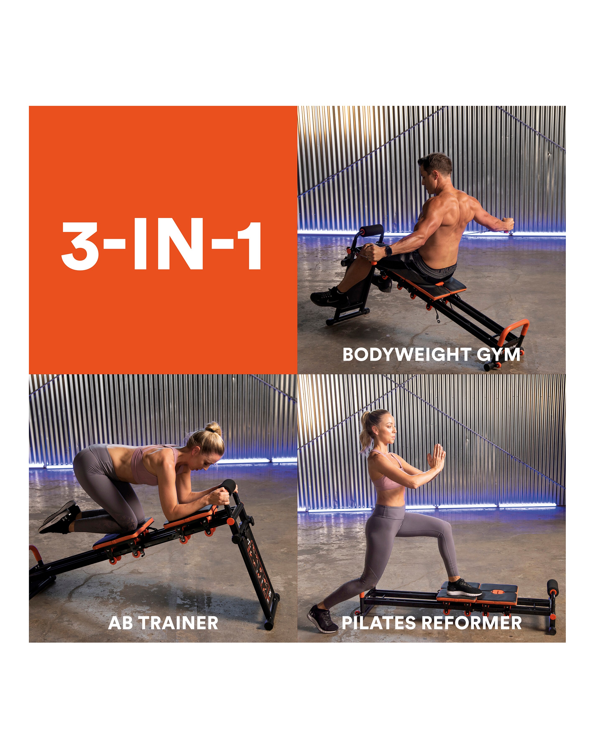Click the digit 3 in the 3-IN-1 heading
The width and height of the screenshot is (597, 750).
coord(81,246)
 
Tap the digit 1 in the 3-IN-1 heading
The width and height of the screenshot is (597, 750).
coord(250,246)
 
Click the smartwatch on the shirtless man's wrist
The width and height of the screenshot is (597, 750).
coord(388,250)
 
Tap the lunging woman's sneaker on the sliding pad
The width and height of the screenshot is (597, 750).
coord(464,588)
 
